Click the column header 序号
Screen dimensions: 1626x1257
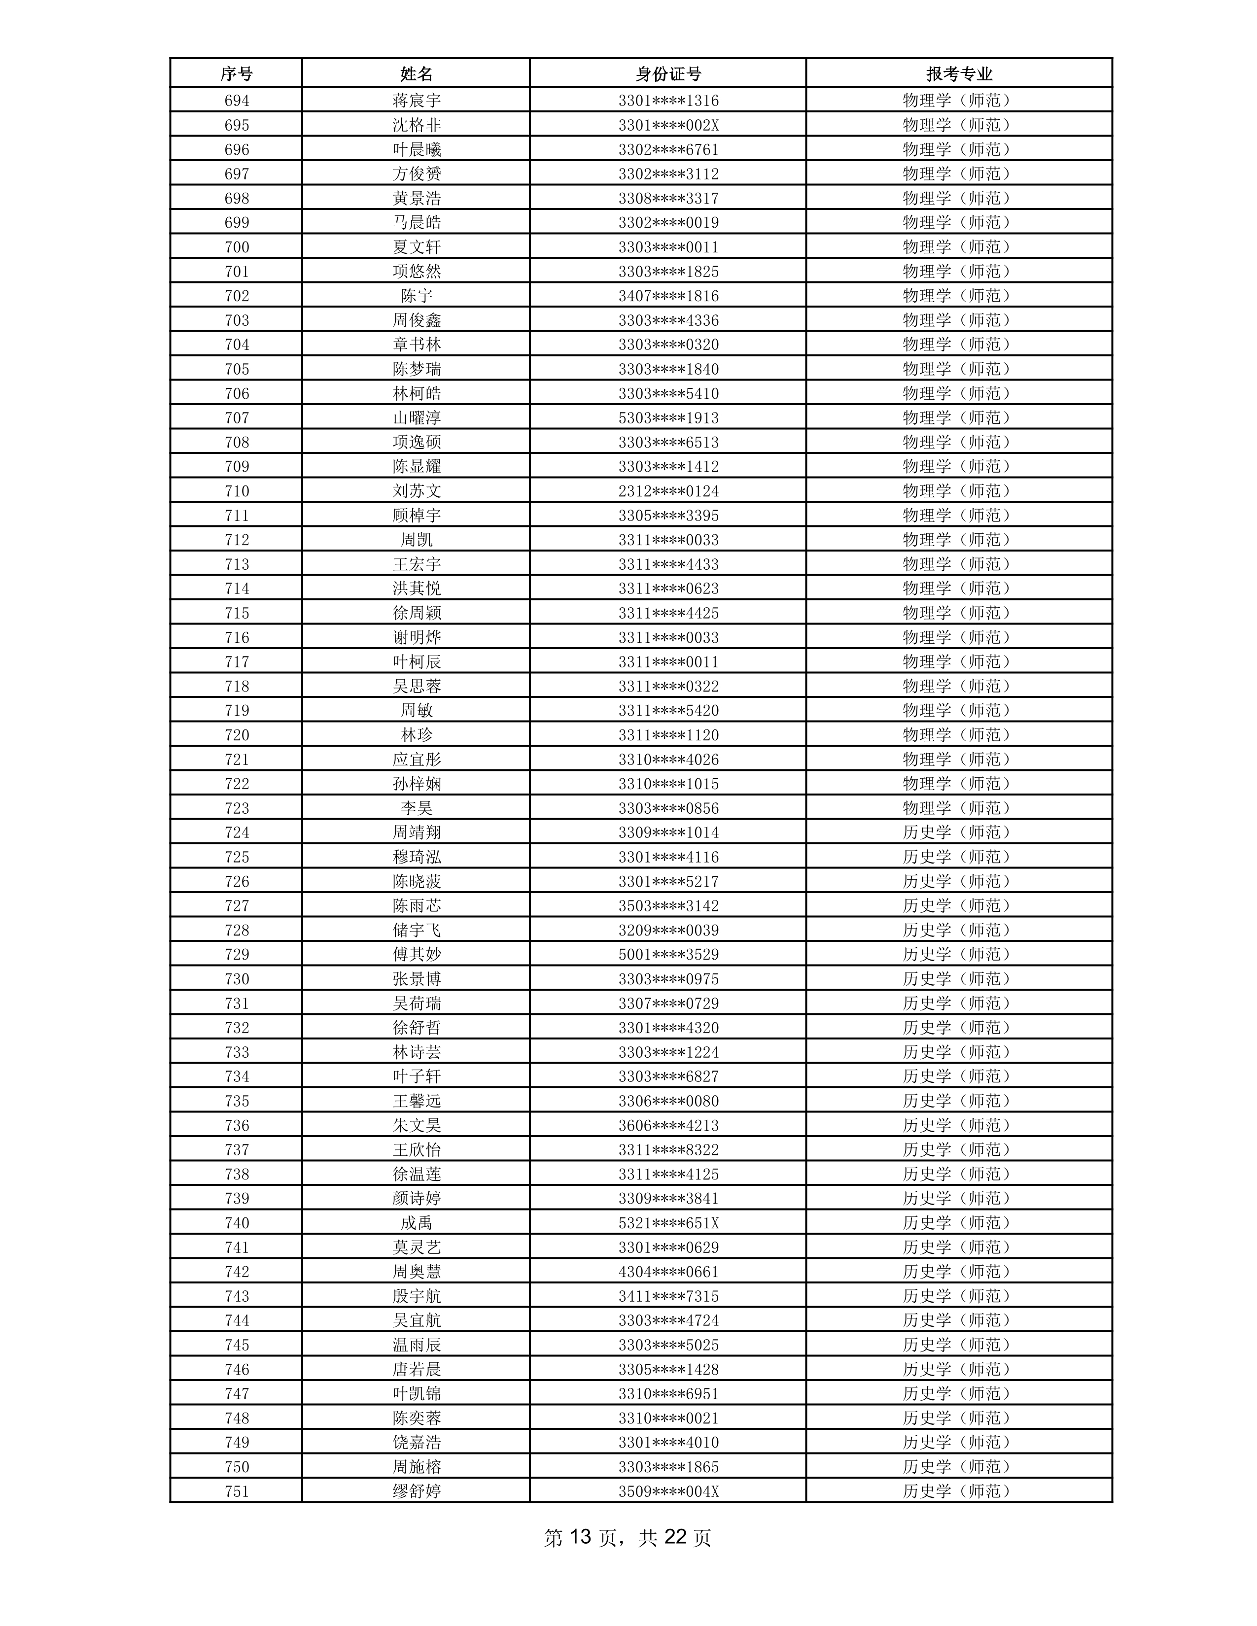click(236, 74)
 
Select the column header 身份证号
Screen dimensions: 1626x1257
click(667, 74)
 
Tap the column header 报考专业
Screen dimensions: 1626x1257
click(958, 74)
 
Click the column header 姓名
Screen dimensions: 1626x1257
click(416, 74)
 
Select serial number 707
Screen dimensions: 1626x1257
click(236, 417)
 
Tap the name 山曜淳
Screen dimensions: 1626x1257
click(416, 417)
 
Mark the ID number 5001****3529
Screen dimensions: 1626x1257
click(668, 955)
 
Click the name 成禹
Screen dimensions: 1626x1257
click(416, 1223)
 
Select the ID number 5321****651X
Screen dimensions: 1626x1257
click(668, 1223)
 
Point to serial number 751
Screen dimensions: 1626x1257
click(236, 1491)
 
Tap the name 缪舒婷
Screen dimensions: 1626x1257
click(416, 1491)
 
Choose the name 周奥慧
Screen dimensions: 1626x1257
click(416, 1272)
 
